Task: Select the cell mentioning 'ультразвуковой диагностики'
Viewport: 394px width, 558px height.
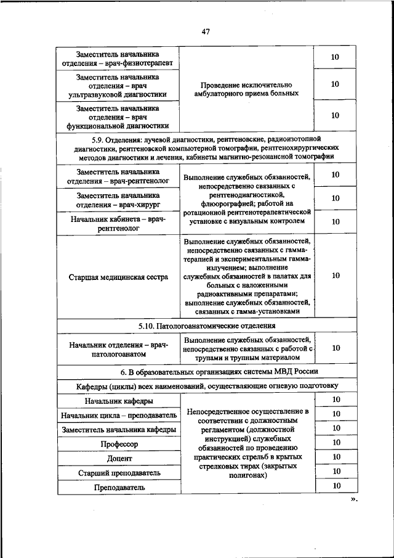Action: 117,86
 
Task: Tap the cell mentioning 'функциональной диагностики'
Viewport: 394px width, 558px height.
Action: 117,116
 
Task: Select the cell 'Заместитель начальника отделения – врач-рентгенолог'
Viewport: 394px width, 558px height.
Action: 117,176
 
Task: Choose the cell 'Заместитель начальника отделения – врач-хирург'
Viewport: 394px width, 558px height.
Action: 117,199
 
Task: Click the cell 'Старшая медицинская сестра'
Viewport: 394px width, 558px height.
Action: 117,277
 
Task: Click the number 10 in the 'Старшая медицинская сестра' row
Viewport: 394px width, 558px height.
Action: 336,276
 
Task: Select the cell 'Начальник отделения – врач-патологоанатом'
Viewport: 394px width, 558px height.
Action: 117,349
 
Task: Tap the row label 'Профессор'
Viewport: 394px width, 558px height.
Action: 117,444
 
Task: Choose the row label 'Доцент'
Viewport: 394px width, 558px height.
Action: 117,459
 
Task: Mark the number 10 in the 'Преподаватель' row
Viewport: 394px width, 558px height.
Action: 336,486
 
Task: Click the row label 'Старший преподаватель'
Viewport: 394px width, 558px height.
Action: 117,473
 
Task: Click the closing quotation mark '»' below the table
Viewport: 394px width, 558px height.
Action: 353,501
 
